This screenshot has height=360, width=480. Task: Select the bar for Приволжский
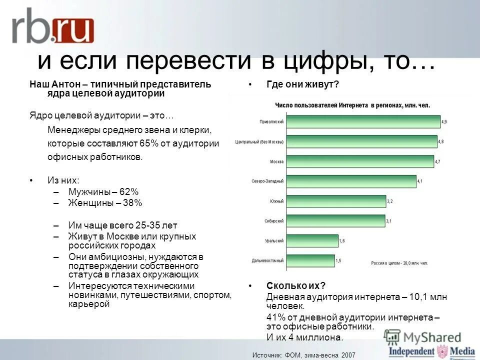coord(363,122)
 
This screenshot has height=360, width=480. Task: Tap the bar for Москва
coord(360,161)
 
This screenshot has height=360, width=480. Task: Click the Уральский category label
coord(274,241)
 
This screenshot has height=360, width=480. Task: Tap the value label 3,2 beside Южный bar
coord(389,201)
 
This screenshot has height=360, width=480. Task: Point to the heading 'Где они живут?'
coord(303,85)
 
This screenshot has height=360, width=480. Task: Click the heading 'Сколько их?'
coord(289,286)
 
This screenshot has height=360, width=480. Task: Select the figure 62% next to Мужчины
coord(128,192)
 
